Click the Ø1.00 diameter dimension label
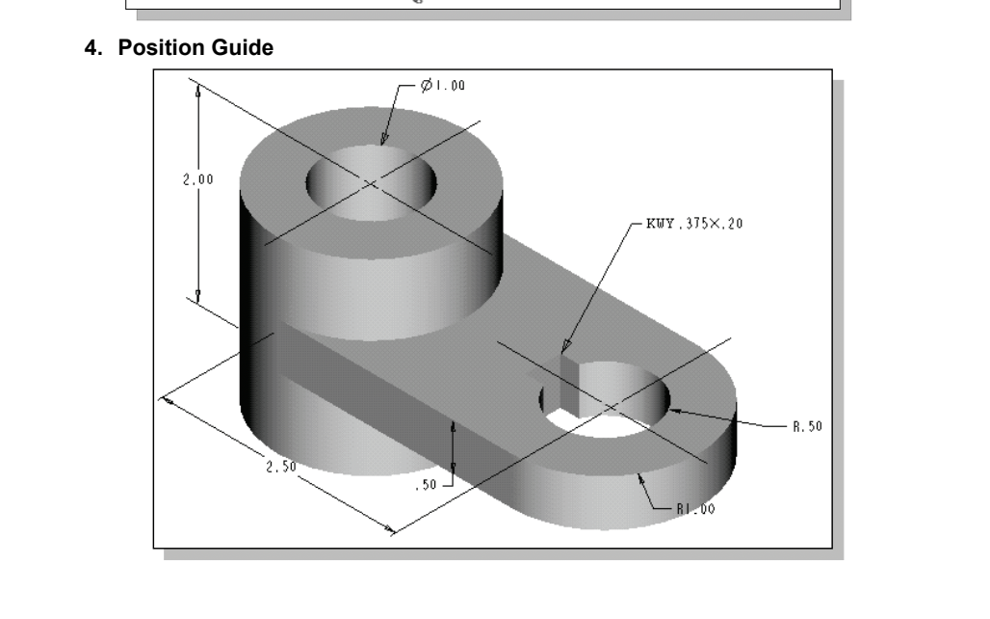point(442,86)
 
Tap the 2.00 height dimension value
point(198,180)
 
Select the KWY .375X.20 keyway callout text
point(688,223)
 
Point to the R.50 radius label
point(807,425)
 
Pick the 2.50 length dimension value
point(280,467)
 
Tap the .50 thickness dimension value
point(425,486)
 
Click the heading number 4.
point(92,46)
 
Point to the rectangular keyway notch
point(565,381)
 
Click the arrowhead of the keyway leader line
point(566,348)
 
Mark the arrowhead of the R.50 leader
point(675,411)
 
